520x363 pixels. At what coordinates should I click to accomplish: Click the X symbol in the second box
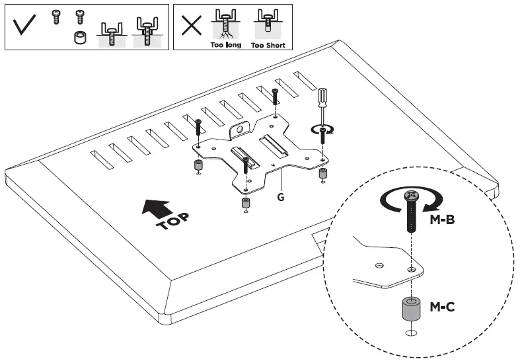[x=192, y=26]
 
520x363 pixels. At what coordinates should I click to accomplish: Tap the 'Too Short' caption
[x=268, y=45]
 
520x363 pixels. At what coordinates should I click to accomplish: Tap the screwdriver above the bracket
[x=324, y=106]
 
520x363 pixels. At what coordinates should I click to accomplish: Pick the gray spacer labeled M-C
[x=408, y=309]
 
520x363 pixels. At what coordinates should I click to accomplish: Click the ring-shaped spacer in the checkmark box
[x=80, y=37]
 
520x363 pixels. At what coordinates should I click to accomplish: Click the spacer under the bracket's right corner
[x=323, y=173]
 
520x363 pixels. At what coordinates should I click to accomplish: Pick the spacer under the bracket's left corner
[x=196, y=165]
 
